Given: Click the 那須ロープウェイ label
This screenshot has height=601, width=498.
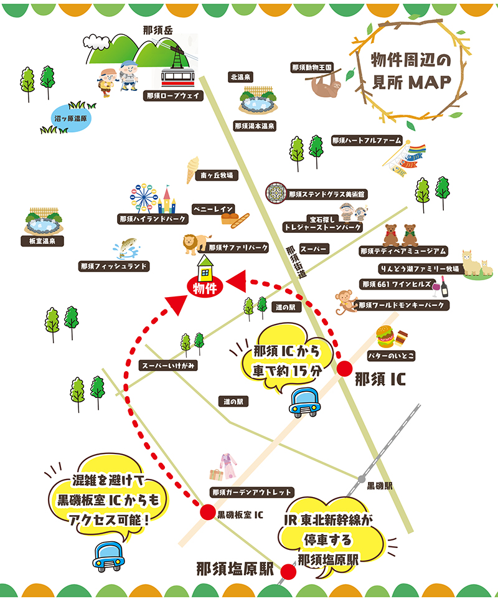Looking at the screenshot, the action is (172, 96).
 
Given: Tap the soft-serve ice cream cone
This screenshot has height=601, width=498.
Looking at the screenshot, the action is (192, 169).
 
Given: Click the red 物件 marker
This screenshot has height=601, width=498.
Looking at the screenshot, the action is (204, 288).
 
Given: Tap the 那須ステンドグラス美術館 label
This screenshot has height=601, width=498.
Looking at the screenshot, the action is (327, 194).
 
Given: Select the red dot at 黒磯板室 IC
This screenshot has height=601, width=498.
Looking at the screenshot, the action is (206, 514).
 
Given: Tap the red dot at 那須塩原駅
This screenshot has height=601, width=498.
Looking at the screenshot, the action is (288, 572).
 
